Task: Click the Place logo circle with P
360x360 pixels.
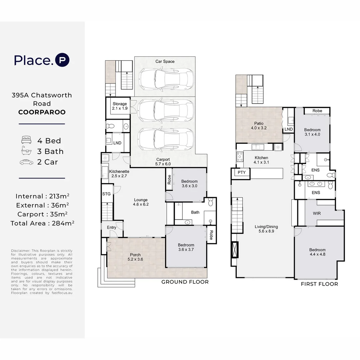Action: (62, 60)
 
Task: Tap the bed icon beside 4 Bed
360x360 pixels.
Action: (26, 140)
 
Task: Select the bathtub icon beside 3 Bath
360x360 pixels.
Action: (26, 151)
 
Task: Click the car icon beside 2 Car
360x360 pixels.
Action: (26, 162)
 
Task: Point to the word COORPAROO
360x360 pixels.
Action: (42, 112)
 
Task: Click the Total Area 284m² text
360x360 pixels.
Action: (42, 223)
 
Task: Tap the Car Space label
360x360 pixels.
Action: (165, 61)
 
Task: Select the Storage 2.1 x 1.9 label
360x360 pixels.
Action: (120, 106)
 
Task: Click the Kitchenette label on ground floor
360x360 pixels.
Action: (119, 172)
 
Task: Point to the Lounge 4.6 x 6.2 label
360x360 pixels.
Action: (141, 202)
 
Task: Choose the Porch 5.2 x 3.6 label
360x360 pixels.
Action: (135, 257)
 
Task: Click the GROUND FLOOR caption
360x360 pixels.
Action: (185, 282)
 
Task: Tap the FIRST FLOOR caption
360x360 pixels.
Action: (319, 284)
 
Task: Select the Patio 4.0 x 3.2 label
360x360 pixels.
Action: (259, 126)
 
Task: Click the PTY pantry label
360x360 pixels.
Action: (242, 172)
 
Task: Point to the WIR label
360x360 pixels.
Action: (317, 213)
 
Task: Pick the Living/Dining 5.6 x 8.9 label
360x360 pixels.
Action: (266, 229)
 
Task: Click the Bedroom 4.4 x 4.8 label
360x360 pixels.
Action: (317, 252)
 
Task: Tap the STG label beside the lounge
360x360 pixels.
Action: (106, 194)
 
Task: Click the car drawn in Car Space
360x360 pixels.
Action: (166, 79)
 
